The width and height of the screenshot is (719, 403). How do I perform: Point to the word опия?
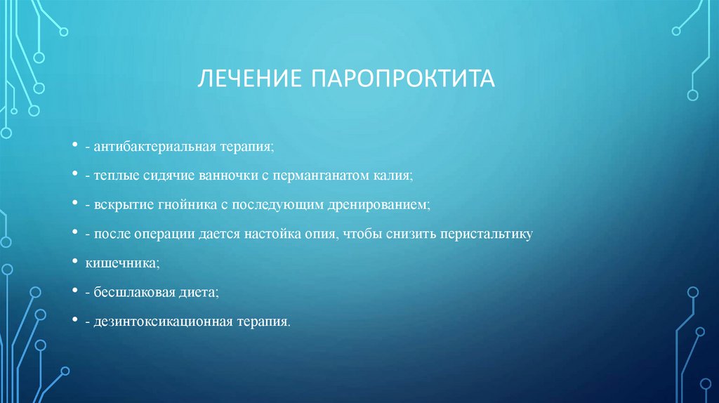tap(322, 234)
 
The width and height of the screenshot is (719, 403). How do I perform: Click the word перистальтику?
tap(483, 234)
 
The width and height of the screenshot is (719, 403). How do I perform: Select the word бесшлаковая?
tap(130, 293)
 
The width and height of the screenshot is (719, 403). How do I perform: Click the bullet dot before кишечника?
tap(74, 262)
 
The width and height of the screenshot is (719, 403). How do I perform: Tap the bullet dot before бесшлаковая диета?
tap(74, 291)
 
